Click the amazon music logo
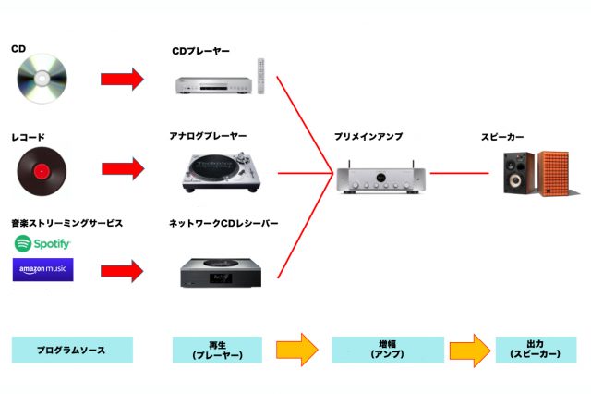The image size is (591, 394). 42,270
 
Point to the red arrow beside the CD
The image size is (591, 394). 123,80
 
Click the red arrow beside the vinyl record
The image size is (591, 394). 123,169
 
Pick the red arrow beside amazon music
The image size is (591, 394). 123,271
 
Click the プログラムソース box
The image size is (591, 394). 72,350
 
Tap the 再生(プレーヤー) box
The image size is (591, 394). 217,350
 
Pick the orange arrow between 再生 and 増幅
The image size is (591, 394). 296,351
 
